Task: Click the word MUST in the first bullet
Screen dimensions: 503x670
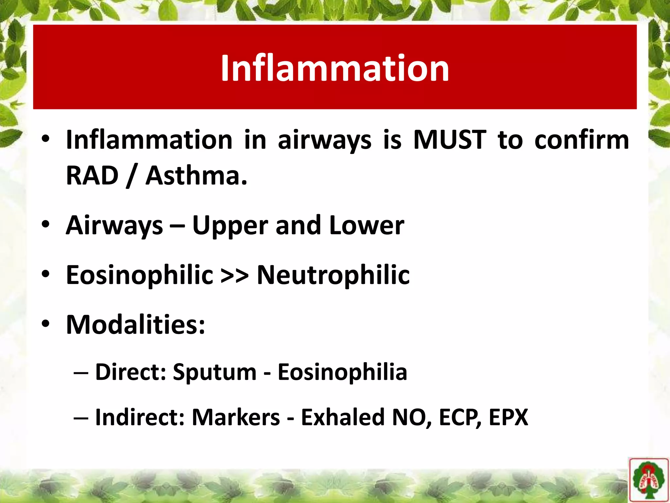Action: point(450,140)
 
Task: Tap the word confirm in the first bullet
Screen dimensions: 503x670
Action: point(582,140)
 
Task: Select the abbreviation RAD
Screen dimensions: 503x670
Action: point(92,176)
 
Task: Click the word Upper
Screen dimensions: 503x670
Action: point(230,226)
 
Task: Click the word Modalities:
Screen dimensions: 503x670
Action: point(135,325)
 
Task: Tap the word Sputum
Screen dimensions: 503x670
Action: point(215,373)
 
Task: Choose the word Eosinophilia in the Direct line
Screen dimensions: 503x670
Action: point(342,372)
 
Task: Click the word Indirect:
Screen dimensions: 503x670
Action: point(140,417)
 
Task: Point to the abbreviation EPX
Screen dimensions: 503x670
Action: point(508,417)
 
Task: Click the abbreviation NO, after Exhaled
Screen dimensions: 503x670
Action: point(411,418)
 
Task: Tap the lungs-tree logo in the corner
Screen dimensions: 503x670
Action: point(648,480)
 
